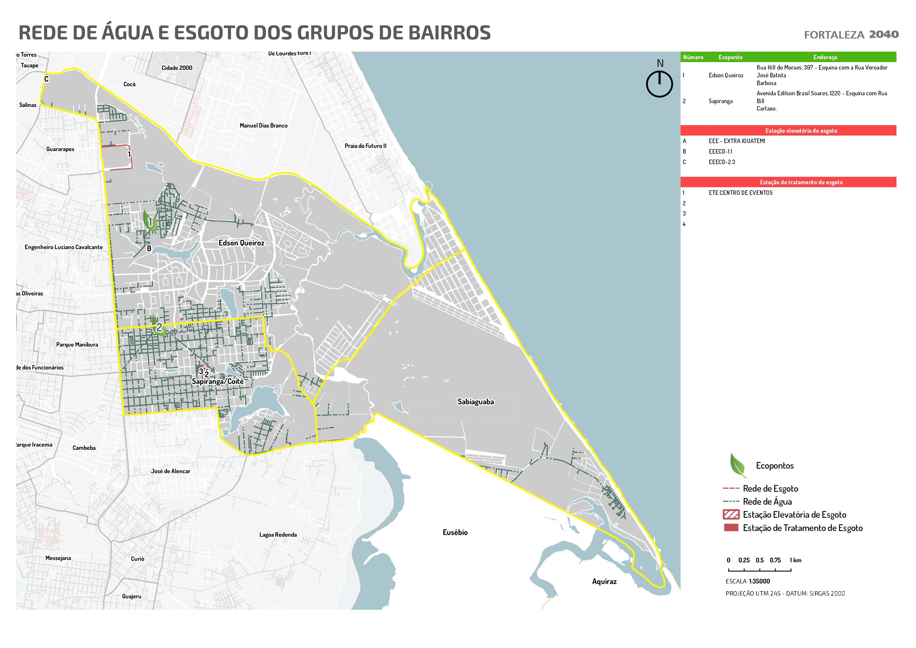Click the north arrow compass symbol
pos(660,83)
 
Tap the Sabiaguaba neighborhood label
pos(476,402)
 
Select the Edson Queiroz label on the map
pos(241,243)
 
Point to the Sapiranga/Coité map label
pos(217,381)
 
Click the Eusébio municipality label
pos(455,532)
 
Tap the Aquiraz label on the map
pos(604,581)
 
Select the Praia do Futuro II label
pos(365,146)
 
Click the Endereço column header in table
pos(825,57)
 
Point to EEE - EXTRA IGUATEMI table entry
pos(737,141)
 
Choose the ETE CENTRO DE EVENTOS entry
pos(740,192)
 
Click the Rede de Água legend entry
pos(767,501)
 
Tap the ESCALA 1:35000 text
pos(748,581)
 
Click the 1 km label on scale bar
pos(795,560)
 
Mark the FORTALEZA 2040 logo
pos(851,35)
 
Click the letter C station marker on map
pos(46,79)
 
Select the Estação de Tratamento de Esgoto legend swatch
pos(731,528)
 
